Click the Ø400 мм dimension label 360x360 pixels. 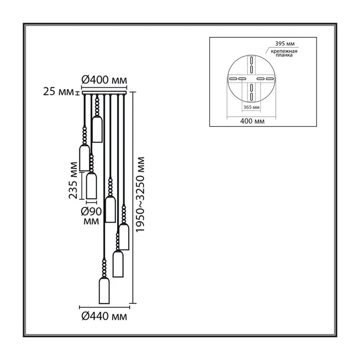104,80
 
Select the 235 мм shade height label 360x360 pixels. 73,180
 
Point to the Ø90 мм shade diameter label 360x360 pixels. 91,216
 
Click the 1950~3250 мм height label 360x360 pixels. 140,194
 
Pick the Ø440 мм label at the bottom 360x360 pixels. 104,316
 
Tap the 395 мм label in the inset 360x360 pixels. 285,44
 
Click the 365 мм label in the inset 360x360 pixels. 252,107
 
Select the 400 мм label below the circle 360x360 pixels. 252,121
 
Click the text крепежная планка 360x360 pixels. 284,53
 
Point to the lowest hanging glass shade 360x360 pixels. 104,291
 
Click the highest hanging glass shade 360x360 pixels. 97,129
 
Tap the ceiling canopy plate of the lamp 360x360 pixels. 104,93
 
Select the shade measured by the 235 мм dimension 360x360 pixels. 91,185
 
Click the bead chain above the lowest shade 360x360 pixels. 104,268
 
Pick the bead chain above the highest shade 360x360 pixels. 97,106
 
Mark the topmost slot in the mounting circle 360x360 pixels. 252,61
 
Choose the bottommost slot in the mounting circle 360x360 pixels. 252,97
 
